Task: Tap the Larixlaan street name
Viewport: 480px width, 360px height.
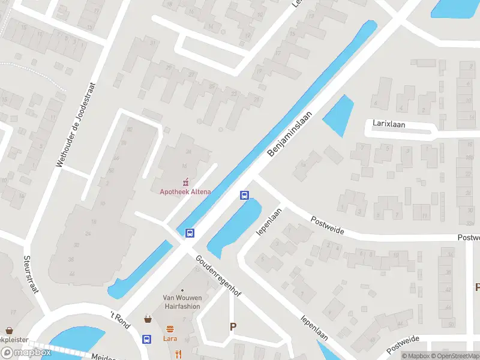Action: pyautogui.click(x=390, y=125)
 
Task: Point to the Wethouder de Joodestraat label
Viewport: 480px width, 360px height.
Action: pyautogui.click(x=76, y=124)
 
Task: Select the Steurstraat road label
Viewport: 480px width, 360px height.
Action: pyautogui.click(x=31, y=275)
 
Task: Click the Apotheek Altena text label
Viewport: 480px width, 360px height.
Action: pyautogui.click(x=185, y=192)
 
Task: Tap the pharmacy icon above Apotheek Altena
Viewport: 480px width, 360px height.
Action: pyautogui.click(x=185, y=181)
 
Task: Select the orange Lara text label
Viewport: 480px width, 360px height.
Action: pyautogui.click(x=171, y=338)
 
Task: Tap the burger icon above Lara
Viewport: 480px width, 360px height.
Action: pyautogui.click(x=171, y=329)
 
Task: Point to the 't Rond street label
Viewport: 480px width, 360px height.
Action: pyautogui.click(x=120, y=316)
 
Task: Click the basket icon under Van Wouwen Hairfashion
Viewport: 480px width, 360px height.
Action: pyautogui.click(x=148, y=319)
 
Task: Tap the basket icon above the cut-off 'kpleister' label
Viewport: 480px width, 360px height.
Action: pyautogui.click(x=10, y=331)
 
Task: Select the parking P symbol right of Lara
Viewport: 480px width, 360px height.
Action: pyautogui.click(x=233, y=327)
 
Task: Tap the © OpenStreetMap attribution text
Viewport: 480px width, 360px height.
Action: pyautogui.click(x=457, y=356)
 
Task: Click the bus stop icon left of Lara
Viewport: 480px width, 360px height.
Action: pyautogui.click(x=146, y=339)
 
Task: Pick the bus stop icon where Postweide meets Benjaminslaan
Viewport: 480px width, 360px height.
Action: pyautogui.click(x=244, y=195)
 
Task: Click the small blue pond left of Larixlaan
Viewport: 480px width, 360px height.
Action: pyautogui.click(x=339, y=115)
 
